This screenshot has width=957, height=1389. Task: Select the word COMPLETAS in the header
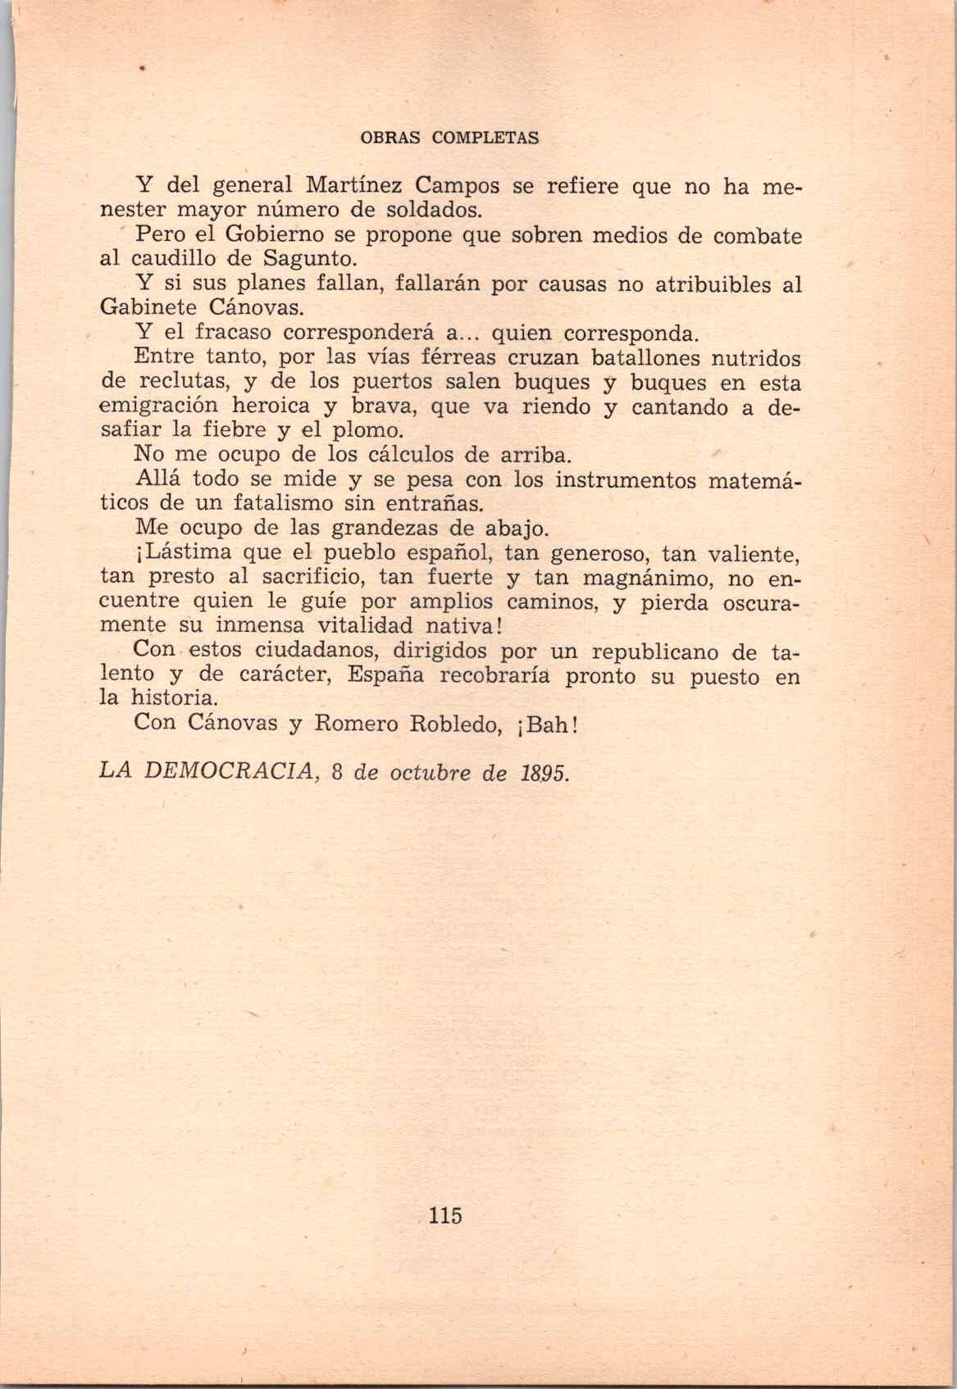pos(485,138)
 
